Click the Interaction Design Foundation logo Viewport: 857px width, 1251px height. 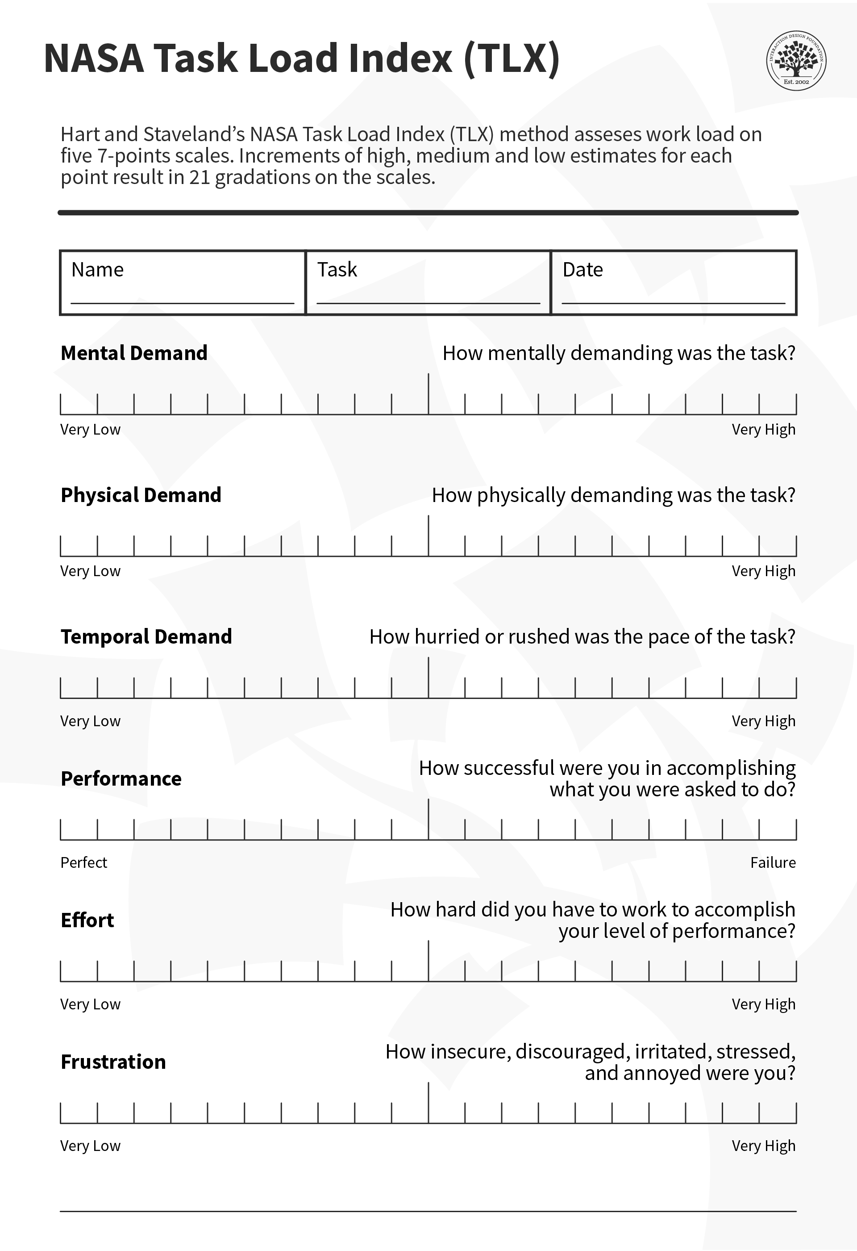(796, 60)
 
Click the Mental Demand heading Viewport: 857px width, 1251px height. (134, 353)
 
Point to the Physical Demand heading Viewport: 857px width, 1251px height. (141, 495)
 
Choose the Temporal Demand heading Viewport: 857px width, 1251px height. (146, 637)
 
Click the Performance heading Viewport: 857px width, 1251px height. (121, 779)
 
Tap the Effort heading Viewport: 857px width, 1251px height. (87, 920)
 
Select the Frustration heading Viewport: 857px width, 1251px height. (113, 1062)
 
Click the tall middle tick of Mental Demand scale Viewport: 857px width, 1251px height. (428, 393)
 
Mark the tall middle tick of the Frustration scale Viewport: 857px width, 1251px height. (428, 1102)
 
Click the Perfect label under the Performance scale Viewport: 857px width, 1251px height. (84, 863)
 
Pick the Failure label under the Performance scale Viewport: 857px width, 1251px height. (773, 863)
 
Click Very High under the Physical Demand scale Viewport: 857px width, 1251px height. (763, 571)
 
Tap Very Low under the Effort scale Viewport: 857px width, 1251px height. (90, 1004)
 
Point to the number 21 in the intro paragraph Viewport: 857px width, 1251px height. (199, 177)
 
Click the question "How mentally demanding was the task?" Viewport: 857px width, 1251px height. (619, 353)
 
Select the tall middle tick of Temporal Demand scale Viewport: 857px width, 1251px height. (428, 677)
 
